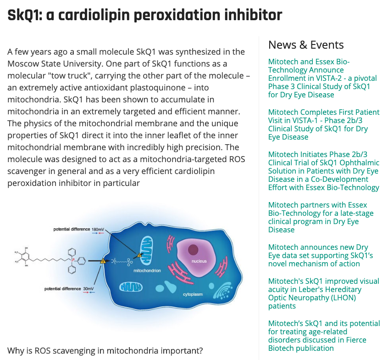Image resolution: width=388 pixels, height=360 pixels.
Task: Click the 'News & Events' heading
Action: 306,45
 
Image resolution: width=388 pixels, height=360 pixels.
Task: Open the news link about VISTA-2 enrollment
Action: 319,78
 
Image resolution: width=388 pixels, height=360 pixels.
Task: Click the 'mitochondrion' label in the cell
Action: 147,271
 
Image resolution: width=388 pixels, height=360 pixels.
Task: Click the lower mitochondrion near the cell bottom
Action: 131,287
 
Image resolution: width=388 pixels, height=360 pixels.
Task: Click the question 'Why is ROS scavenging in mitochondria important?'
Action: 105,350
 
